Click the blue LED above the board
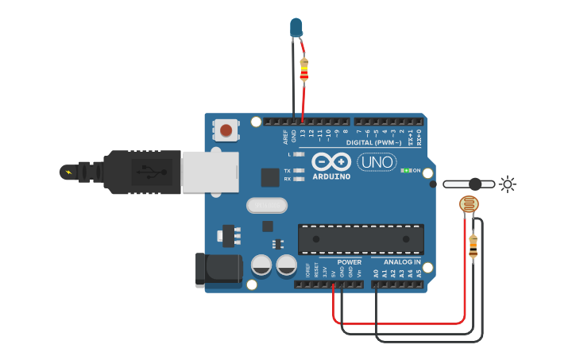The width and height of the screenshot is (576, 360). click(296, 27)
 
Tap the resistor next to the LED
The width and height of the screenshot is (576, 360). click(303, 70)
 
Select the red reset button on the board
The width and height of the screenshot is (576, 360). click(226, 130)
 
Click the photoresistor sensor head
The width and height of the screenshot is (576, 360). click(470, 206)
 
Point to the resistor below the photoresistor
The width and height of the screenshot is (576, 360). click(474, 246)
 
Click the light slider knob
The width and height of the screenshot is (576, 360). click(474, 184)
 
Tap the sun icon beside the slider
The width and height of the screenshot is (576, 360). click(507, 184)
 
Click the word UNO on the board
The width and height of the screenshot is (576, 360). click(377, 162)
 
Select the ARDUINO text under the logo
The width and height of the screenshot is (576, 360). click(331, 176)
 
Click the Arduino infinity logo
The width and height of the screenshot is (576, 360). click(331, 161)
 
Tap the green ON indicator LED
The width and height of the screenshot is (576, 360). click(406, 170)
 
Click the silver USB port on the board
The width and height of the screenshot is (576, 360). click(210, 172)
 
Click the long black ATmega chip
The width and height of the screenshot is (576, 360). click(361, 239)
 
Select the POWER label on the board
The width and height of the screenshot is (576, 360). click(350, 261)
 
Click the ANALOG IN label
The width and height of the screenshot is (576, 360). click(402, 261)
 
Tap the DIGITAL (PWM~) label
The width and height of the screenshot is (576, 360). click(382, 143)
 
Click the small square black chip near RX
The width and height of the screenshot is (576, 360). click(270, 177)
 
